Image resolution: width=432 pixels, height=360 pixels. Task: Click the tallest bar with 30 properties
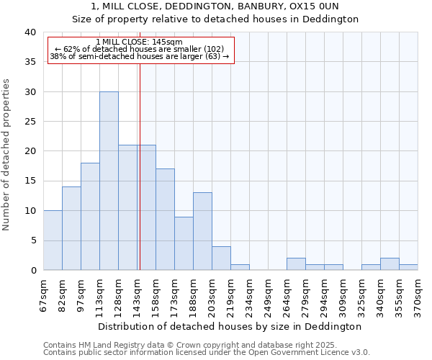109,181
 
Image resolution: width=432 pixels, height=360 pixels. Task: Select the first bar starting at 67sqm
53,240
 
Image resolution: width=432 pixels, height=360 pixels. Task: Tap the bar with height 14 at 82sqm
71,228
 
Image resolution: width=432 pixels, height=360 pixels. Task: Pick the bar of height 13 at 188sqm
202,231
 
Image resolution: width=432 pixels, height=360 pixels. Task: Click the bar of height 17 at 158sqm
165,220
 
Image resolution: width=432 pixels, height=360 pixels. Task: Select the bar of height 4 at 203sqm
221,258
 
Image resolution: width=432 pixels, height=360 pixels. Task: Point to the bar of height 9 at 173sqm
184,243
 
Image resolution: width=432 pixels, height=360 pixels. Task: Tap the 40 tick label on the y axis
30,32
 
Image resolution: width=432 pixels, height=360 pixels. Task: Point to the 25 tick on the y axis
30,122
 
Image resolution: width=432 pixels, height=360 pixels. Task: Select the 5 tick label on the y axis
32,240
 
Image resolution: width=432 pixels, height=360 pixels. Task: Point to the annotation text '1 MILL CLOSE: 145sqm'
139,42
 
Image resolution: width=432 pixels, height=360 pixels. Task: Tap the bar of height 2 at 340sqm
390,264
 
